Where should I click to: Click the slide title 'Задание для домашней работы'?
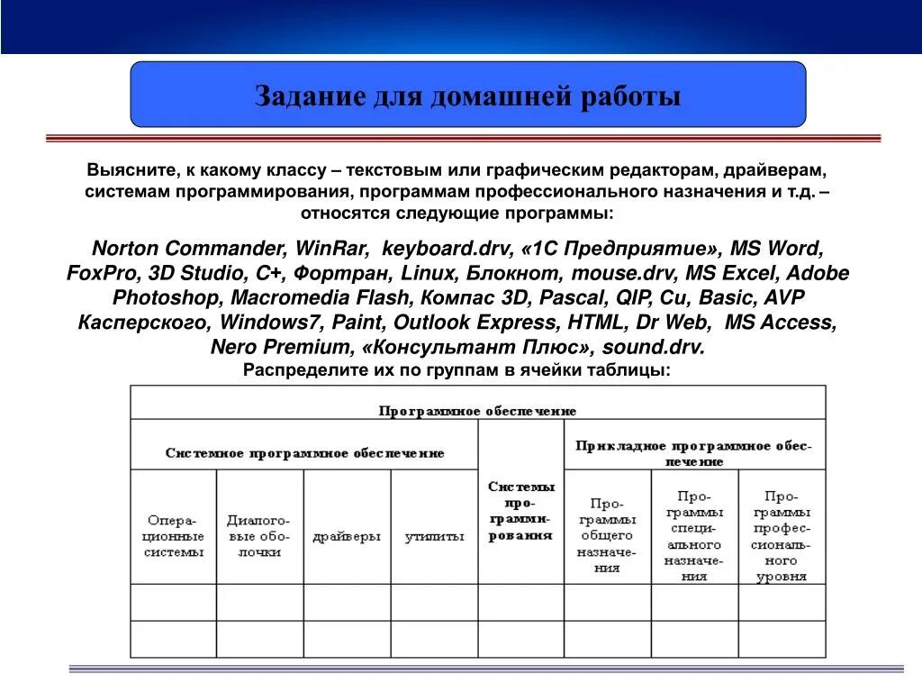click(x=467, y=96)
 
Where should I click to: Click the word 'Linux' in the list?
click(x=429, y=273)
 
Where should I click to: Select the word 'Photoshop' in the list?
click(x=167, y=297)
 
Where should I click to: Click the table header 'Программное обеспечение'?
click(x=477, y=410)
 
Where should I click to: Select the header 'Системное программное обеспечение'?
click(x=304, y=453)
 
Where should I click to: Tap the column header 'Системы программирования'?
click(x=521, y=510)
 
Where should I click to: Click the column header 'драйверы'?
click(x=347, y=536)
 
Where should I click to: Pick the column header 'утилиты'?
click(x=434, y=536)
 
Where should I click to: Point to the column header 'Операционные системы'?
click(x=174, y=536)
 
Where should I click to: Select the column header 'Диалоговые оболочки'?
click(x=259, y=536)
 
